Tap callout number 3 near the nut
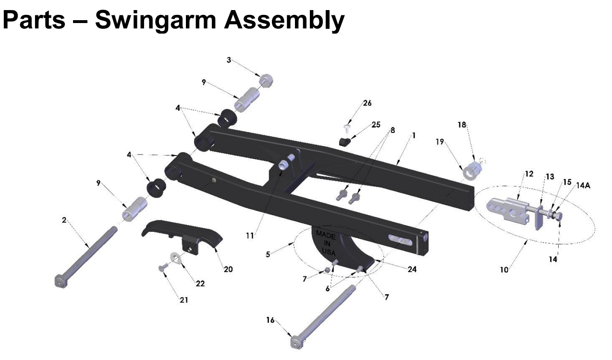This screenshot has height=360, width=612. (229, 60)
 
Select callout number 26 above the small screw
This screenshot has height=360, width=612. (367, 103)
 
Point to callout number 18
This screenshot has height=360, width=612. (462, 125)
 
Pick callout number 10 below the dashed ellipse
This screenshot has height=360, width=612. (504, 270)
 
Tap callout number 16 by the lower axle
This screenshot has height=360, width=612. (270, 320)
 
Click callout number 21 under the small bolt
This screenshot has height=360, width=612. (184, 300)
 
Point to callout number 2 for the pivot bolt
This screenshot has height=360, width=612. (64, 220)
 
